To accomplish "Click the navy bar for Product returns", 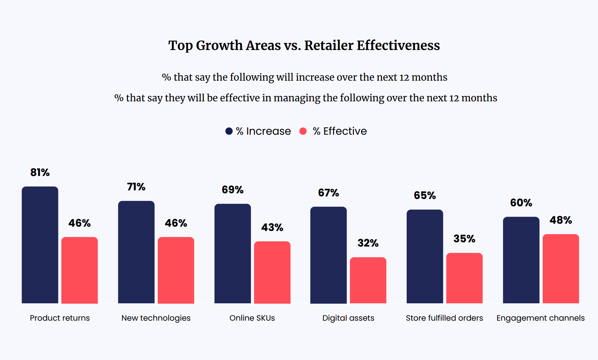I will (40, 245).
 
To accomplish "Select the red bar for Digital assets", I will (368, 280).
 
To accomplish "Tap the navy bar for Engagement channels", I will (521, 260).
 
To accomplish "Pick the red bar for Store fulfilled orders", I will (464, 278).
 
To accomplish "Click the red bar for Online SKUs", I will (272, 272).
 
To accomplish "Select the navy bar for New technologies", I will (136, 252).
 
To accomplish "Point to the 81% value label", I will (40, 172).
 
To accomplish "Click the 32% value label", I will (368, 243).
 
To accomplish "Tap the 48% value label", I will (561, 220).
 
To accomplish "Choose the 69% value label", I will (233, 190).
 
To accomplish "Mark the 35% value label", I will (464, 239).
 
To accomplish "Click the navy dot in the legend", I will (229, 131).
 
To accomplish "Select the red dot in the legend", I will (303, 131).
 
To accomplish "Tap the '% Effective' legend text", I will (340, 131).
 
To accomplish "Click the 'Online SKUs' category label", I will (252, 318).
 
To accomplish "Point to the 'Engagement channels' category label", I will (540, 318).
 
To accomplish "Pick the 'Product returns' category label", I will (60, 318).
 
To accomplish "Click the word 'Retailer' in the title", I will (329, 45).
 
